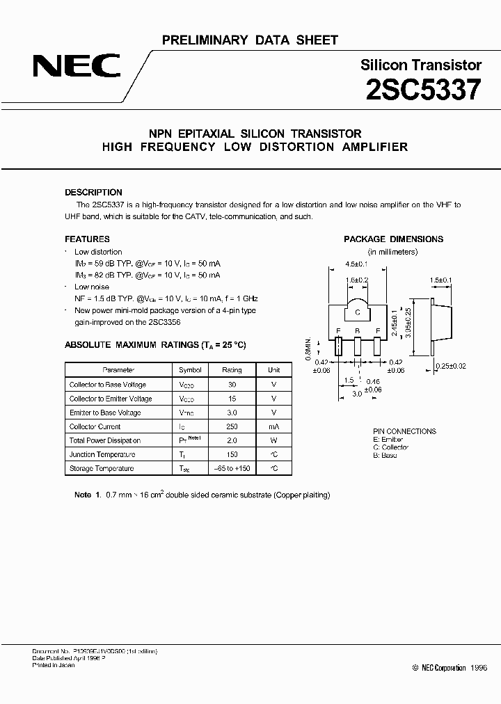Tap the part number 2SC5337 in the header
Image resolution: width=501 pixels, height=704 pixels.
[x=422, y=90]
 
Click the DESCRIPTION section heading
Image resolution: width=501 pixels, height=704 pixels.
[x=93, y=192]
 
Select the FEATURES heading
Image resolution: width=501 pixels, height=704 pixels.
[x=87, y=239]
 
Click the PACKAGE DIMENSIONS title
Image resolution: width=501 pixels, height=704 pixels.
[x=393, y=239]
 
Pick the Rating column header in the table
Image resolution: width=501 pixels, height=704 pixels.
[x=232, y=370]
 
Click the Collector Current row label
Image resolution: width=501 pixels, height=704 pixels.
[x=95, y=426]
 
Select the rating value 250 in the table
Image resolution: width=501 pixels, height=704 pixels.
[x=232, y=426]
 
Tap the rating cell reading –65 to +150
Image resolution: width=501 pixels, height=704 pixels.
[x=232, y=468]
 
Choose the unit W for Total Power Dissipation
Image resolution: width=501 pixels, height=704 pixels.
[x=274, y=440]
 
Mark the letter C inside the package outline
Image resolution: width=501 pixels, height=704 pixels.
[x=357, y=312]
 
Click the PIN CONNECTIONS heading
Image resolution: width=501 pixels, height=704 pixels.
[x=404, y=431]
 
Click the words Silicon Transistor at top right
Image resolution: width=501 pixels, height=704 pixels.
[x=421, y=65]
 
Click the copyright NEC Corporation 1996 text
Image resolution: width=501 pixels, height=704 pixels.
[x=450, y=667]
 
